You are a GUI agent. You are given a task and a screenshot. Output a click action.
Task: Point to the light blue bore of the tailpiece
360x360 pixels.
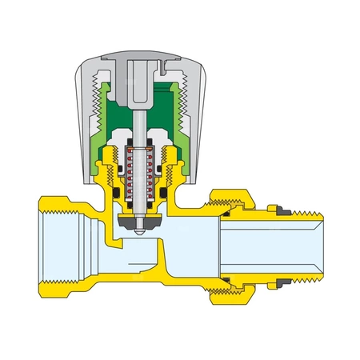[272, 248]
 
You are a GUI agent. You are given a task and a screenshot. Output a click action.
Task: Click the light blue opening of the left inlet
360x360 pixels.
[64, 248]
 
